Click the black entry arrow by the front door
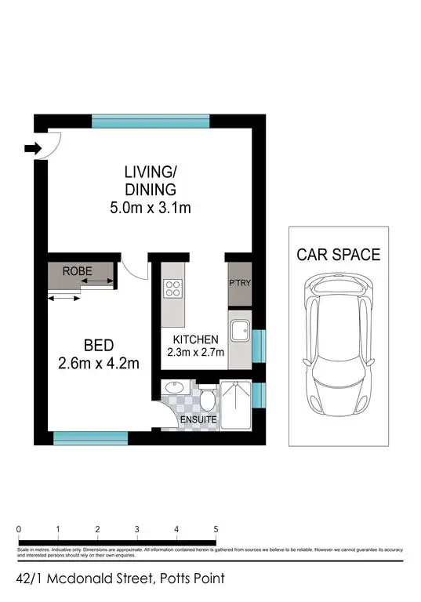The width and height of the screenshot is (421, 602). [x=32, y=147]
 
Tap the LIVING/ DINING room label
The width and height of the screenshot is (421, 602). [x=150, y=180]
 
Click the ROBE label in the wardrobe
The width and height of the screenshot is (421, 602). [x=78, y=271]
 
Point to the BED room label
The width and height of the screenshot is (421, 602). [x=100, y=345]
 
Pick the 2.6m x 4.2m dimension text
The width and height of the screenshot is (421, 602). [x=100, y=363]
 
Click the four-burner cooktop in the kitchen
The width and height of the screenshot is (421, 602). [x=172, y=288]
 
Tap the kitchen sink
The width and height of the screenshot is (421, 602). [x=239, y=330]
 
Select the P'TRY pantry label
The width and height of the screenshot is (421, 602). [x=238, y=283]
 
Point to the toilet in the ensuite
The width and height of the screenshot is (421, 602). [x=207, y=400]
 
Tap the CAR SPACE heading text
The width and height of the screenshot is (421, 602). [x=338, y=255]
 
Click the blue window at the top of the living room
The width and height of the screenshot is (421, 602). [x=151, y=121]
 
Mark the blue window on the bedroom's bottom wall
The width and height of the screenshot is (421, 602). [x=89, y=437]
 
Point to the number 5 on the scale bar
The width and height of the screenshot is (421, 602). [x=216, y=529]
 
